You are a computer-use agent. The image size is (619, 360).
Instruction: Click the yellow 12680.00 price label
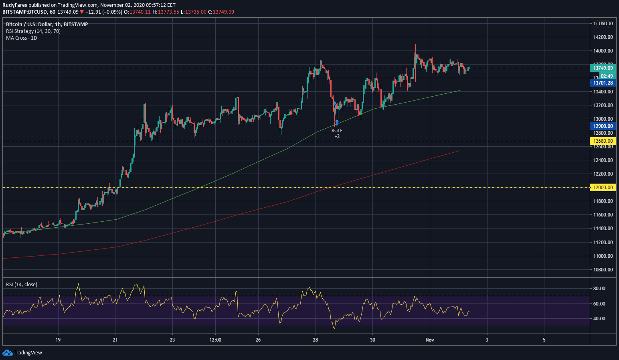point(603,141)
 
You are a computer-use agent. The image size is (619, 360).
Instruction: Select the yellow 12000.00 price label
point(603,188)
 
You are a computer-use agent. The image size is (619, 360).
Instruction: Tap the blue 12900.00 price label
point(603,126)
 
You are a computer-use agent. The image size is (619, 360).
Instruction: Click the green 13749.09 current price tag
point(603,68)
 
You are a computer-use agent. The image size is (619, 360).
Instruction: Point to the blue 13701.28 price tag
point(603,83)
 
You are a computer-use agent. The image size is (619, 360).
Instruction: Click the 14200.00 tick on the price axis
point(603,37)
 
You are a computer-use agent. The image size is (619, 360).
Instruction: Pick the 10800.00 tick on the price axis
point(603,270)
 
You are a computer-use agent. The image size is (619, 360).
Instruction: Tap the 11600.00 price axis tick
point(603,215)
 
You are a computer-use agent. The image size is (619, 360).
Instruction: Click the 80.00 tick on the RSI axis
point(599,289)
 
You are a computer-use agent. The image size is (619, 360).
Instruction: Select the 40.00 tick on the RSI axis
point(599,319)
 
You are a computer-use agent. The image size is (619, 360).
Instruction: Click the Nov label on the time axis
point(430,340)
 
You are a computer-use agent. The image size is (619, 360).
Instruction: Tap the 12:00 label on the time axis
point(215,340)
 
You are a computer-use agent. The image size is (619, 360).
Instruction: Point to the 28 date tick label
point(316,340)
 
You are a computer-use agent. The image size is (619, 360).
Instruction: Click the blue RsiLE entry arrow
point(337,122)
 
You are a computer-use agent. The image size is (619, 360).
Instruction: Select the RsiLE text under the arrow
point(337,131)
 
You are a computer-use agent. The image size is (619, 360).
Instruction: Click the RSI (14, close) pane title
point(22,285)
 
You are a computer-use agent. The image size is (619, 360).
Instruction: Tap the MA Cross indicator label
point(22,38)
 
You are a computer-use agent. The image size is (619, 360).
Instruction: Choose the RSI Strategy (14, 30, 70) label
point(33,31)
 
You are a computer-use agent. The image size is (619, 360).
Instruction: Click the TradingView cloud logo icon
point(7,353)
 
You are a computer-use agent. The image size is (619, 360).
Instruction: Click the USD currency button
point(603,24)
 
